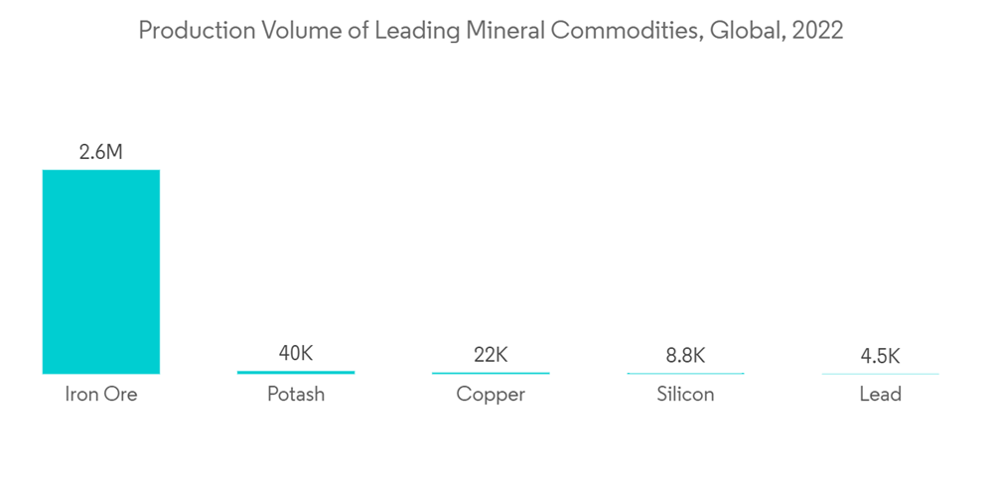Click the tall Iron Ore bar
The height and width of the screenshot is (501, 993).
[100, 271]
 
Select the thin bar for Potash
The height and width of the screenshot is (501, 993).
[296, 372]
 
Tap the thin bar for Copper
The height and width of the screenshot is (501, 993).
[491, 373]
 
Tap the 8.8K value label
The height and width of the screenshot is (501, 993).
[685, 355]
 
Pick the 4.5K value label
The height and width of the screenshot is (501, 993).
[880, 356]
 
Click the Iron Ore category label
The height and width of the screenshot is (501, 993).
[100, 395]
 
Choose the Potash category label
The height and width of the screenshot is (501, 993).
[296, 395]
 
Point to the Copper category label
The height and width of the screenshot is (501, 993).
[491, 395]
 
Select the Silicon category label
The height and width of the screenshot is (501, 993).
[685, 395]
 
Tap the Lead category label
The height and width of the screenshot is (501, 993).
[880, 395]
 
